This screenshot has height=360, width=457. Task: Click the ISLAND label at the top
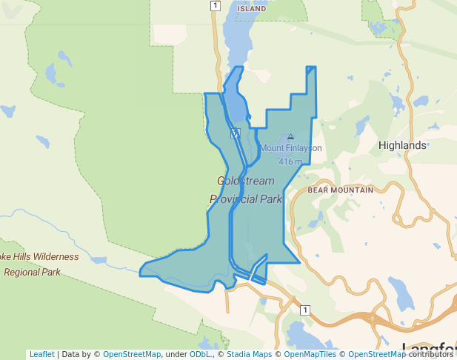(252, 8)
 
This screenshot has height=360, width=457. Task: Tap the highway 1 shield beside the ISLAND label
(215, 6)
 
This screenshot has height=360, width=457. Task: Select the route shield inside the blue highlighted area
(234, 133)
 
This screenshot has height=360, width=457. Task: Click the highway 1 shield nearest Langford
(304, 310)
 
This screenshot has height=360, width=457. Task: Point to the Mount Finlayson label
(290, 147)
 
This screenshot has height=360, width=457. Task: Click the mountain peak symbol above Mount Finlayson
(290, 136)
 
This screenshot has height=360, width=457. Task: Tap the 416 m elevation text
(290, 161)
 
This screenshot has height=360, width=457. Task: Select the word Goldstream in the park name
(246, 181)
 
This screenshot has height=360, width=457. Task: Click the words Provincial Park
(246, 199)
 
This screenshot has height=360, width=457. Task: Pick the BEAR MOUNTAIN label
(341, 190)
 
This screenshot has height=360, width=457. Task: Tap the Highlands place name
(402, 145)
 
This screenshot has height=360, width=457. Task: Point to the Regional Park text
(32, 272)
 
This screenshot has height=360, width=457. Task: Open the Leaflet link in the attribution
(41, 354)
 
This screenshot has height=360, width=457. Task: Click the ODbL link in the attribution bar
(200, 354)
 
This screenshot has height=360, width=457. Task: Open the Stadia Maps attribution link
(247, 354)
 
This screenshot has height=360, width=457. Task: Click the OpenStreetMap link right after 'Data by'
(132, 354)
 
